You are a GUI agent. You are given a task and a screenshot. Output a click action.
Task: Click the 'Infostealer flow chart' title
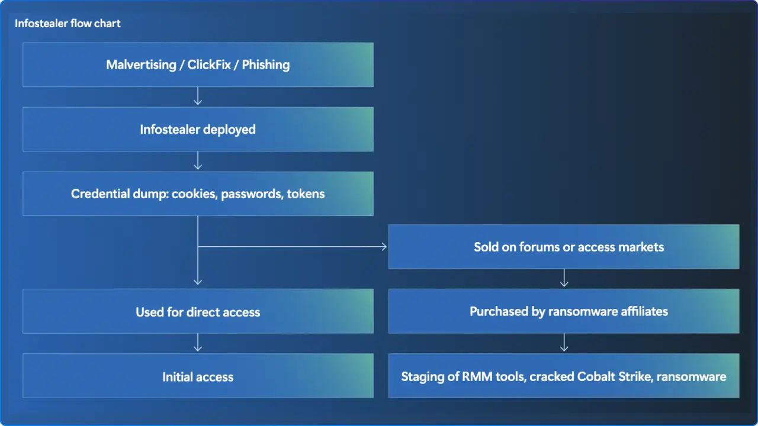click(68, 24)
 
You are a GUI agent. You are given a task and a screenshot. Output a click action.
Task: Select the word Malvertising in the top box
click(142, 64)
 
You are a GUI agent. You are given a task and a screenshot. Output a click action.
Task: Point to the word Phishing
click(265, 64)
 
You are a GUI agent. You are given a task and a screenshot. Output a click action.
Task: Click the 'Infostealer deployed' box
click(198, 129)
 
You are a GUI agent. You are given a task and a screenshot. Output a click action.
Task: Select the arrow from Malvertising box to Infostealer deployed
click(198, 96)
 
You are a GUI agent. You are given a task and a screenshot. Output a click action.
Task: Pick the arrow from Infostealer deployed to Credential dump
click(198, 161)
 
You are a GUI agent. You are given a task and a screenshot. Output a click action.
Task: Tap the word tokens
click(306, 193)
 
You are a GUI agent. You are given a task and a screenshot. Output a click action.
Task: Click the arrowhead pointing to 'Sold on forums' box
click(383, 247)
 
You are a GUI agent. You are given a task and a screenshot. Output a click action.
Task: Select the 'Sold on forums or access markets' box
click(563, 247)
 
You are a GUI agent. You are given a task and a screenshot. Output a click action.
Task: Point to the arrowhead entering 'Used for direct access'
click(198, 281)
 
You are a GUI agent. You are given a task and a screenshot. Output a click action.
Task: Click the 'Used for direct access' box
click(198, 312)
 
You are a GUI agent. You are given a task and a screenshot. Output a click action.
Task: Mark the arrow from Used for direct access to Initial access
click(198, 343)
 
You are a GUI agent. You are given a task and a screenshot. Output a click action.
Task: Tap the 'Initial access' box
click(198, 376)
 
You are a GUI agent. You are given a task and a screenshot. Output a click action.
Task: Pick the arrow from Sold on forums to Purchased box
click(564, 279)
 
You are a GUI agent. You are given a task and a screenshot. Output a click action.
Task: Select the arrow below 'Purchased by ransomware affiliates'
click(564, 343)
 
